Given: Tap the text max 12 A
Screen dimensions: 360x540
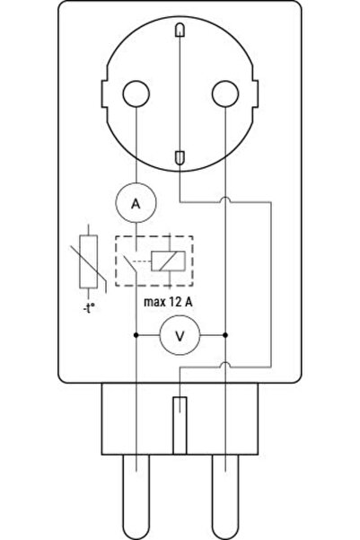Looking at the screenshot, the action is point(168,302).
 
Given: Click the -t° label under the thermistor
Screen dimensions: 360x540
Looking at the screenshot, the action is point(89,308).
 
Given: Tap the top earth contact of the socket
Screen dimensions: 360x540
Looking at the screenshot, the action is point(180,30).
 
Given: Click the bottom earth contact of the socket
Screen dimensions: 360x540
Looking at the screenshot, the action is point(180,158).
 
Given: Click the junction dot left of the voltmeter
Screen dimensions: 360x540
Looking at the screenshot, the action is point(136,335).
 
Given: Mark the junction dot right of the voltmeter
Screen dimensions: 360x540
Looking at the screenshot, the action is point(225,335).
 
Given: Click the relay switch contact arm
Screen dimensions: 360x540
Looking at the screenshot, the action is point(130,265).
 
